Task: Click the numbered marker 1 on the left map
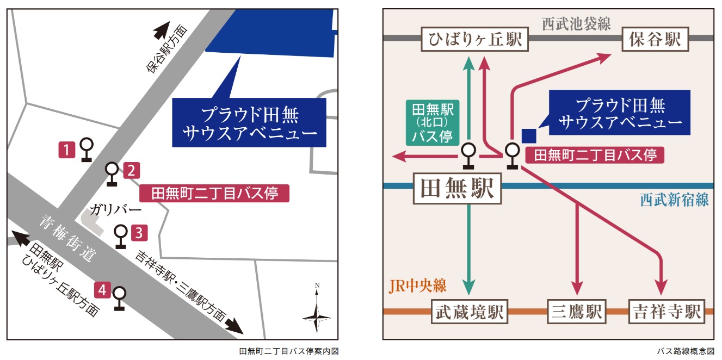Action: point(66,150)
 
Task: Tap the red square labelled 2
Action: point(132,171)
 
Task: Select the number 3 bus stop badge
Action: point(139,233)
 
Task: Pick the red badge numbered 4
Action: point(102,290)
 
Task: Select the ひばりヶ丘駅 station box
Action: point(475,40)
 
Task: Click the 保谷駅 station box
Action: point(655,40)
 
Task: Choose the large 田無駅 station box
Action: point(457,189)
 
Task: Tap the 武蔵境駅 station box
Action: point(468,312)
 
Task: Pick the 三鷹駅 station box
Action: point(577,312)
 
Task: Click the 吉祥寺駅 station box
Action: point(667,312)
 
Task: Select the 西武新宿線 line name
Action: point(674,200)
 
